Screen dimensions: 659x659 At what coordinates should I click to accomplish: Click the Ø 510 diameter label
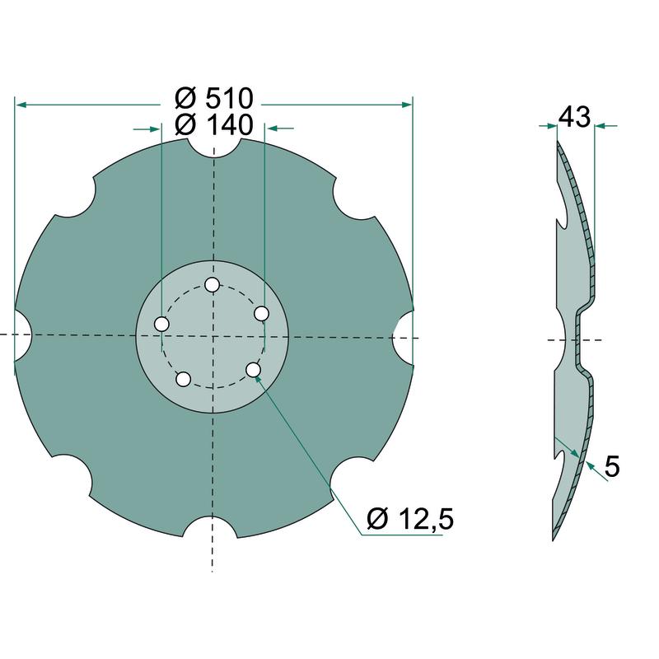pos(214,98)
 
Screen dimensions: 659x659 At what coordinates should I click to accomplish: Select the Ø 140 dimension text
pos(214,125)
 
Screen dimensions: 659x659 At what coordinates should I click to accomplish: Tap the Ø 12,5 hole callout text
pos(410,519)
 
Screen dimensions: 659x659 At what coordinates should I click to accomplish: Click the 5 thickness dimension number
pos(612,466)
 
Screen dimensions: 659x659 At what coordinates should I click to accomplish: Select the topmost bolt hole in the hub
pos(212,285)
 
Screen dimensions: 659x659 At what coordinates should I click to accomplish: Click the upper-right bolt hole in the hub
pos(261,314)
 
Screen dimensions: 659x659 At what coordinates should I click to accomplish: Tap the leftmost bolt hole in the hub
pos(161,325)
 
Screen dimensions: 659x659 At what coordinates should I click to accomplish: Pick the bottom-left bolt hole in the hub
pos(183,379)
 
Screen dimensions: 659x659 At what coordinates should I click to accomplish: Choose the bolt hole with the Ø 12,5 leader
pos(253,370)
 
